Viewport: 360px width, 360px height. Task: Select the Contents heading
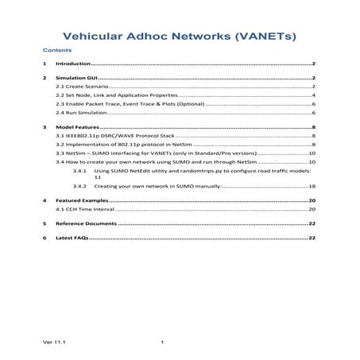(x=56, y=50)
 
